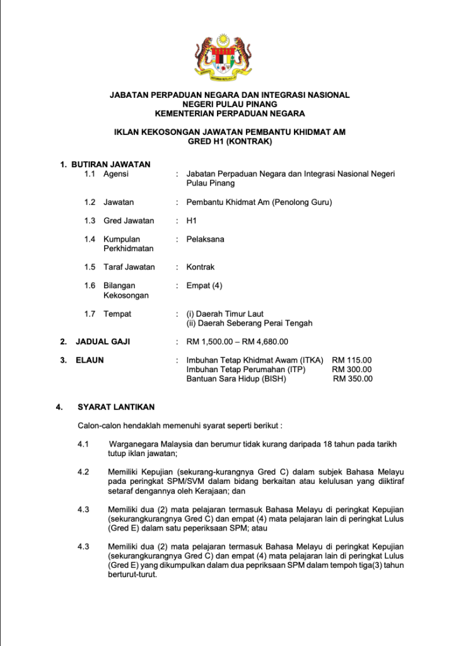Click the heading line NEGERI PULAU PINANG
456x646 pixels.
[230, 104]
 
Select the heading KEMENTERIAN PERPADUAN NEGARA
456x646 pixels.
[230, 114]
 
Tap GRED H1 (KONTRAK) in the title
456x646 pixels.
[230, 142]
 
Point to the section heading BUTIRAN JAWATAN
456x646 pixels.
[110, 165]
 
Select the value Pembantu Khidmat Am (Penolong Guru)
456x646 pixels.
[259, 202]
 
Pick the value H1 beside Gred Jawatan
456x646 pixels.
[192, 221]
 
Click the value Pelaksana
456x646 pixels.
[205, 239]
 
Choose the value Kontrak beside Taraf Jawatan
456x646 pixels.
[201, 267]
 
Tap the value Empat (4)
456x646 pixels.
[204, 286]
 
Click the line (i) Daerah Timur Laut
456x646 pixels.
[225, 314]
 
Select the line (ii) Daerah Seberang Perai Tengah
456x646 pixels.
[249, 323]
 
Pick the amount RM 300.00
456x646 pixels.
[352, 370]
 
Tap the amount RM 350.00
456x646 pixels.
[353, 379]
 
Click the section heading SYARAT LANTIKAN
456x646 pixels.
[116, 407]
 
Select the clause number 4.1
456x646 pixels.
[83, 444]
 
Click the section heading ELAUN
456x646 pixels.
[90, 360]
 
